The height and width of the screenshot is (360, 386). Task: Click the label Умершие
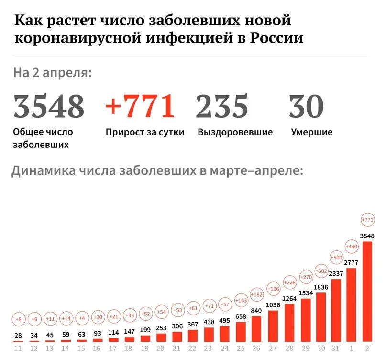[311, 132]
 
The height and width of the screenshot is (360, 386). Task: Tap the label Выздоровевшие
[235, 132]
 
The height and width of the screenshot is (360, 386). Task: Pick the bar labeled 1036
[273, 326]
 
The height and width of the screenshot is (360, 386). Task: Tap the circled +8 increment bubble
[19, 319]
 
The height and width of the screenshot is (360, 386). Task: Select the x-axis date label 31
[336, 348]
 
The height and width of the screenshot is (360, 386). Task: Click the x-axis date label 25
[242, 348]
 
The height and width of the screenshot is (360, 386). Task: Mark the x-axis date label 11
[19, 348]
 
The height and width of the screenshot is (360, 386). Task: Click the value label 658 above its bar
[242, 316]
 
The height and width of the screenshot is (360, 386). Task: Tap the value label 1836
[320, 287]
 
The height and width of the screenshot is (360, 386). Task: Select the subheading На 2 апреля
[52, 73]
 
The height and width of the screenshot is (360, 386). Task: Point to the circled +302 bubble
[320, 271]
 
